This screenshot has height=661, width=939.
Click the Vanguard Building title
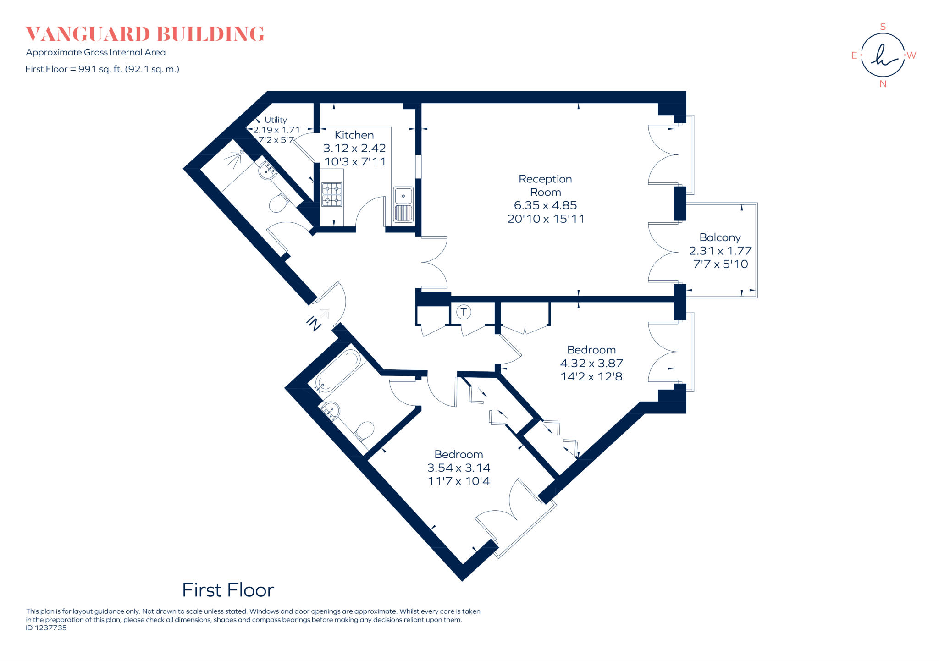(145, 34)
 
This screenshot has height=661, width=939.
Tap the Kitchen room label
(354, 135)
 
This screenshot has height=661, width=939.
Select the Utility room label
(276, 120)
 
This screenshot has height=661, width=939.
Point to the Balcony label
(720, 237)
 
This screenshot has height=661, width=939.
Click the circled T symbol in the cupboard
(464, 313)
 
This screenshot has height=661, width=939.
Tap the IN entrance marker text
(314, 323)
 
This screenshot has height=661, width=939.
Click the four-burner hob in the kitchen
(331, 194)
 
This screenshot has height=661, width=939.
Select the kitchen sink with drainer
(403, 204)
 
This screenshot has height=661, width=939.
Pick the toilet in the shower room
(278, 203)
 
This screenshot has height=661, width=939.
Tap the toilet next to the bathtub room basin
(365, 430)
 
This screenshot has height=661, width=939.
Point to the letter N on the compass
(883, 84)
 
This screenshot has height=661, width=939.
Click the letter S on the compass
(883, 27)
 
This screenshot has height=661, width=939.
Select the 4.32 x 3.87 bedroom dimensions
(591, 364)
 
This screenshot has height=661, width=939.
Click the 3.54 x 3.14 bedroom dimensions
(458, 468)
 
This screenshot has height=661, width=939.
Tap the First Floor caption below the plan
(228, 590)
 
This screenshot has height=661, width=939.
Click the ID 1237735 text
(46, 628)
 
